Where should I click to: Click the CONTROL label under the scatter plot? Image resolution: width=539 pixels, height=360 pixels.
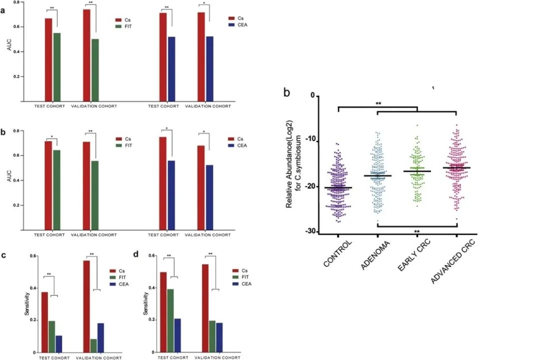tap(338, 254)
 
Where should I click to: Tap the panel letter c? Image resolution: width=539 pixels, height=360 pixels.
tap(4, 256)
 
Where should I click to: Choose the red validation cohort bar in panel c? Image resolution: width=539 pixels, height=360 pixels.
tap(86, 306)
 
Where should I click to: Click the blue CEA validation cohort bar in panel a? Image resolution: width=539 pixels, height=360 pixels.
tap(210, 69)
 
